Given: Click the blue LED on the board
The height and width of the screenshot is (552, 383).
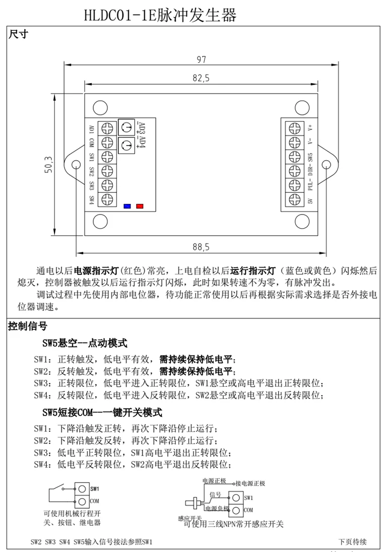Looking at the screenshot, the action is (x=127, y=206).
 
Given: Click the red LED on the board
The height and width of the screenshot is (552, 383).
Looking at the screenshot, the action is (x=140, y=206).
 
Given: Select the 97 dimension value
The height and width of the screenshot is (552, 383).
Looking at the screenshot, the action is (x=201, y=59).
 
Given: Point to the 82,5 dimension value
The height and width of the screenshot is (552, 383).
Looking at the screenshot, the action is (x=201, y=78).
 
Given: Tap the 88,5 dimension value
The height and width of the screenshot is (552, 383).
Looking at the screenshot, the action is (x=201, y=247).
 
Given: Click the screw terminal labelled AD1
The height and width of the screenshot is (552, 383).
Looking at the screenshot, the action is (x=107, y=127).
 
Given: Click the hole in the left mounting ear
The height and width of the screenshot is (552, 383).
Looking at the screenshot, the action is (x=77, y=164).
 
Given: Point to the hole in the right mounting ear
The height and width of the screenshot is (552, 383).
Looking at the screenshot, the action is (x=326, y=164).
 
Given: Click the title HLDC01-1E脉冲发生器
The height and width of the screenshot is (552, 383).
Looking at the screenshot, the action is (x=160, y=16).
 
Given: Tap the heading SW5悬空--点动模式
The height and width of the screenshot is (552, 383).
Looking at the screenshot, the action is (x=85, y=343).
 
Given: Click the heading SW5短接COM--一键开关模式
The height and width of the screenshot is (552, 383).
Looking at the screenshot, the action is (x=102, y=412).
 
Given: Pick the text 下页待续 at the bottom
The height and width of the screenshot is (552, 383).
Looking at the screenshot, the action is (x=352, y=542).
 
